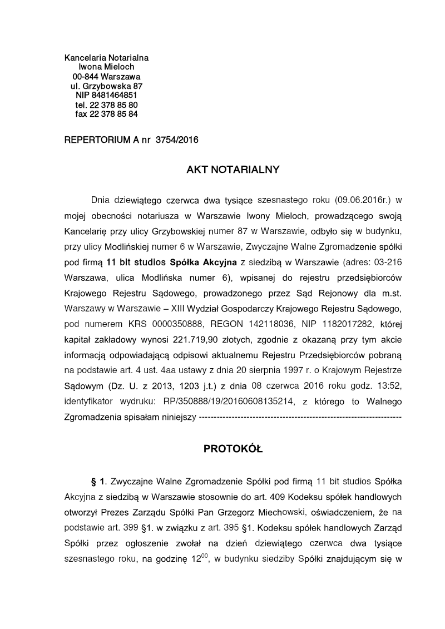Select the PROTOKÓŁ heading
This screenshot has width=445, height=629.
[233, 449]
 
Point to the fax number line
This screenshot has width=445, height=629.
[106, 114]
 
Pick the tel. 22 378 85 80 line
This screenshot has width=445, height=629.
[106, 105]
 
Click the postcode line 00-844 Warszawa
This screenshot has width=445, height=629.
[106, 76]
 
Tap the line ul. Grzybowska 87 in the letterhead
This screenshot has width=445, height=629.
[106, 86]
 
